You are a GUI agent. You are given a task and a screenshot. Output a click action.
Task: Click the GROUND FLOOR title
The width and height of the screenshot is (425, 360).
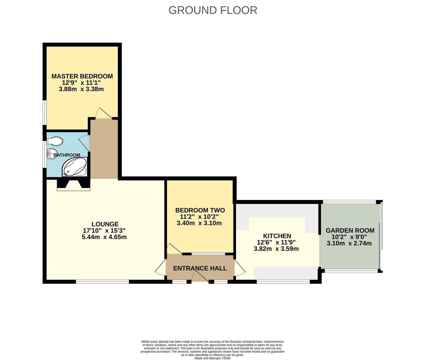pyautogui.click(x=213, y=10)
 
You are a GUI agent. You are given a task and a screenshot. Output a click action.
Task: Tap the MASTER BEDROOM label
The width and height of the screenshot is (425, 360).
pyautogui.click(x=82, y=76)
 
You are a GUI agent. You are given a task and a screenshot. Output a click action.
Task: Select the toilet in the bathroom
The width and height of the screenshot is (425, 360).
pyautogui.click(x=55, y=141)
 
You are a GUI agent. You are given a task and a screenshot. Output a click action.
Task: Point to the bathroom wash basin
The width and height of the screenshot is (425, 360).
pyautogui.click(x=51, y=154)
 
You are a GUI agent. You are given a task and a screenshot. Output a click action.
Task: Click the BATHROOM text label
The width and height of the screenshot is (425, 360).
pyautogui.click(x=67, y=155)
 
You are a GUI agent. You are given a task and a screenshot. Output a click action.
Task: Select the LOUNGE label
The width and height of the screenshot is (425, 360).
pyautogui.click(x=105, y=224)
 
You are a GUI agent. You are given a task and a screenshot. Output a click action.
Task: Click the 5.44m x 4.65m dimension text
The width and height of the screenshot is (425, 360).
pyautogui.click(x=104, y=237)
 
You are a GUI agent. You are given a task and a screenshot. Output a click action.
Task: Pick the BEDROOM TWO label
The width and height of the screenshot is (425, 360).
pyautogui.click(x=200, y=210)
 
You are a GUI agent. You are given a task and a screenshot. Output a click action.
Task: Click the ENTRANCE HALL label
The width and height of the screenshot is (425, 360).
pyautogui.click(x=200, y=268)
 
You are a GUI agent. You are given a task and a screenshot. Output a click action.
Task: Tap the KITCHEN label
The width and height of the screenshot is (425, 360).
pyautogui.click(x=277, y=236)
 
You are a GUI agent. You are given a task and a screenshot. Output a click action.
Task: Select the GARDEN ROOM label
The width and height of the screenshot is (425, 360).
pyautogui.click(x=350, y=230)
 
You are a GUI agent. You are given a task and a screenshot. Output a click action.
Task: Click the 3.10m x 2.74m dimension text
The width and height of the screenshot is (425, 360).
pyautogui.click(x=349, y=243)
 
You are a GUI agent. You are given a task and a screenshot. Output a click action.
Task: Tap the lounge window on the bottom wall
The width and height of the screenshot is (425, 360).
pyautogui.click(x=102, y=282)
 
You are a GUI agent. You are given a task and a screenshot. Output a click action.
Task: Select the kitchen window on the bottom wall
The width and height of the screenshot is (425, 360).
pyautogui.click(x=283, y=282)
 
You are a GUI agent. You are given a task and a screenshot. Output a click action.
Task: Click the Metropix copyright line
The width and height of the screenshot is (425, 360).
pyautogui.click(x=212, y=358)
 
